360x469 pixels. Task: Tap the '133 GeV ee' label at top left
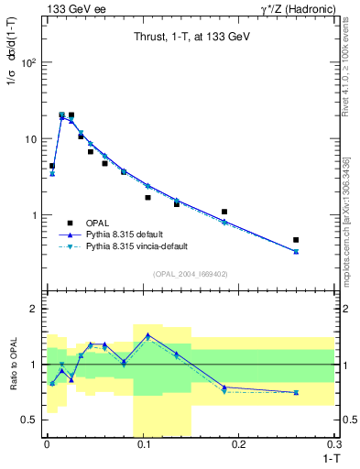click(x=72, y=8)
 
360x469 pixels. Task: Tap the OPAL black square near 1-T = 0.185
click(x=224, y=212)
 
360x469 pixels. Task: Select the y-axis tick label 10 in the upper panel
click(x=32, y=139)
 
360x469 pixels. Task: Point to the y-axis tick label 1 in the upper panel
click(x=35, y=215)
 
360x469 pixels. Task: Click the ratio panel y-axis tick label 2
click(x=35, y=310)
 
